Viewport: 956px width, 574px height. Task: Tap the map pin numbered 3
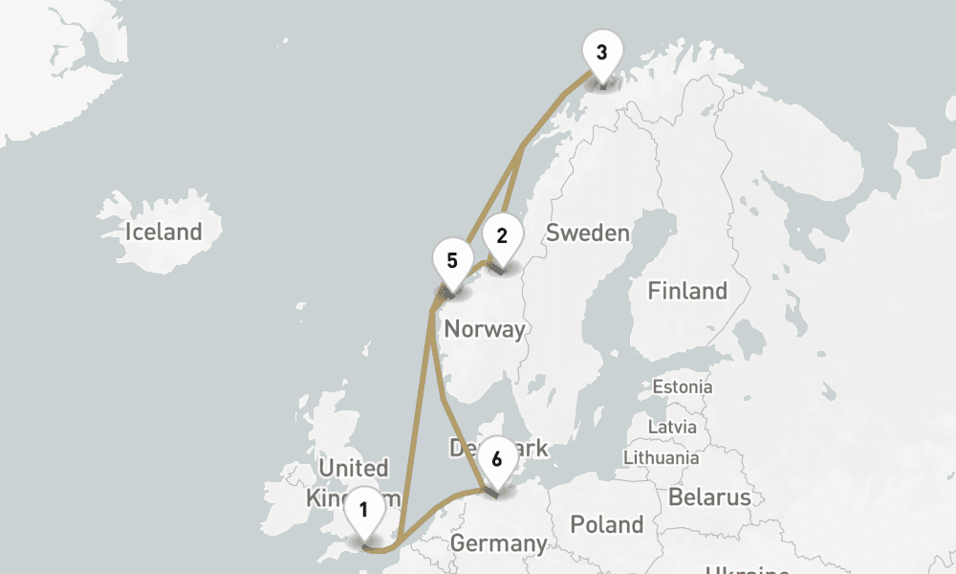pyautogui.click(x=601, y=54)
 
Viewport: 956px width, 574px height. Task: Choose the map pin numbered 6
pyautogui.click(x=496, y=460)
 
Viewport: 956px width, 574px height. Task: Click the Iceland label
pyautogui.click(x=163, y=232)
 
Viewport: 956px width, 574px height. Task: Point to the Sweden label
pyautogui.click(x=587, y=232)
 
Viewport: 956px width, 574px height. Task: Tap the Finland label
pyautogui.click(x=686, y=291)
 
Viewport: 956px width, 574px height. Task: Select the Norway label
pyautogui.click(x=485, y=329)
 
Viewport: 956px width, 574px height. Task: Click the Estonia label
pyautogui.click(x=682, y=387)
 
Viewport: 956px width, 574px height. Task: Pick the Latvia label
pyautogui.click(x=672, y=426)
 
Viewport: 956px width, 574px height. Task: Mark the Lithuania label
pyautogui.click(x=662, y=457)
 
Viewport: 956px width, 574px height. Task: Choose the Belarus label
pyautogui.click(x=709, y=497)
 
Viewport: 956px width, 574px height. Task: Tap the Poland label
pyautogui.click(x=606, y=524)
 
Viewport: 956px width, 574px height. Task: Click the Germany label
pyautogui.click(x=498, y=543)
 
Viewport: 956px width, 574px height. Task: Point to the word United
pyautogui.click(x=354, y=468)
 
